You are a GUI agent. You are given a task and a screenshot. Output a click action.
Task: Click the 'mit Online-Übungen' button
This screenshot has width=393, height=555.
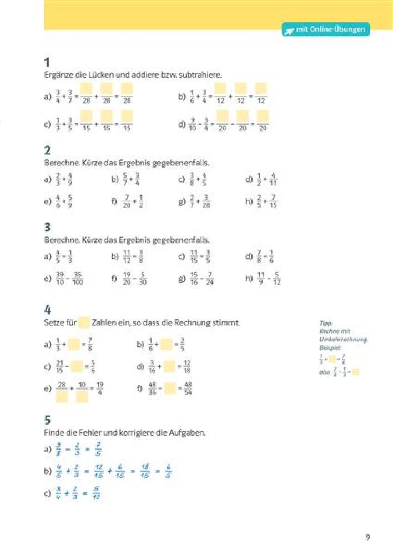326,30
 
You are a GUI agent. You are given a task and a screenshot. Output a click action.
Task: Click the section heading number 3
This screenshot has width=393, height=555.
47,228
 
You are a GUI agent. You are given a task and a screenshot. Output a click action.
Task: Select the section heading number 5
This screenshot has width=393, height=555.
47,420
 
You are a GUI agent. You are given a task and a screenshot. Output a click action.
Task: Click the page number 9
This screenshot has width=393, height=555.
367,537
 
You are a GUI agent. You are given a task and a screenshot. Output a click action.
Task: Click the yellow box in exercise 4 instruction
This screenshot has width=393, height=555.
84,322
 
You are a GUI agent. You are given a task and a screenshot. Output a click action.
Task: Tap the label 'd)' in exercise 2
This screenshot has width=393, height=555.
249,179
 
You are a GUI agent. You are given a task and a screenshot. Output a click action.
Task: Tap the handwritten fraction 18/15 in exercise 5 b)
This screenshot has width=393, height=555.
144,472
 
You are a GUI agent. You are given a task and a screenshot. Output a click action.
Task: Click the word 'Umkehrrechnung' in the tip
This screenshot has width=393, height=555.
336,338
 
